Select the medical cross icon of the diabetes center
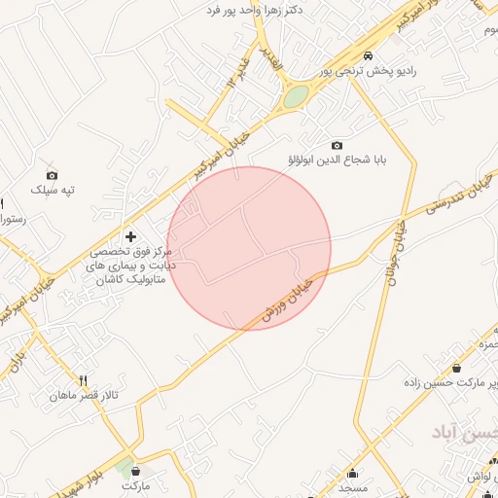tap(131, 237)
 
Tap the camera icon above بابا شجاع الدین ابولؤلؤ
tap(338, 145)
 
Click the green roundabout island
tap(296, 96)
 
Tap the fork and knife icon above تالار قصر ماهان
tap(84, 380)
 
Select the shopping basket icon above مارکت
tap(136, 470)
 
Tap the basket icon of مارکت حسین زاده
tap(457, 369)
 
